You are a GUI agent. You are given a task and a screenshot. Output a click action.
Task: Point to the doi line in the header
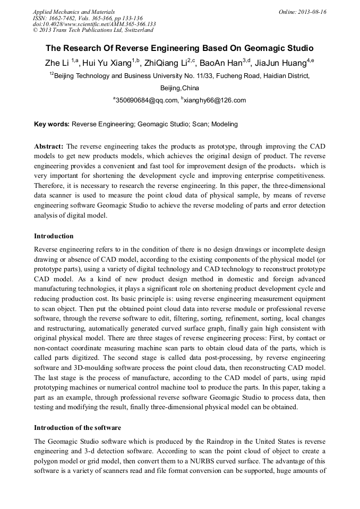click(94, 24)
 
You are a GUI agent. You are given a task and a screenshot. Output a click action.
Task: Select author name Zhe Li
click(57, 63)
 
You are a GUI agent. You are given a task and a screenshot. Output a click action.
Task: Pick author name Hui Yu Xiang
click(108, 63)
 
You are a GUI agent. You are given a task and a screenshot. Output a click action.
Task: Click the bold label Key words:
click(52, 124)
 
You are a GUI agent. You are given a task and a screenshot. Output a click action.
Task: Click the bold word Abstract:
click(49, 146)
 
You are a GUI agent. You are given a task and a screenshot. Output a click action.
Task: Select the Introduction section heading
click(54, 236)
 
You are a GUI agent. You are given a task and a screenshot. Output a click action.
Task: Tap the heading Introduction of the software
click(78, 427)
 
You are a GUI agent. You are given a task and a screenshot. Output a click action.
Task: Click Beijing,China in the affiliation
click(179, 88)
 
